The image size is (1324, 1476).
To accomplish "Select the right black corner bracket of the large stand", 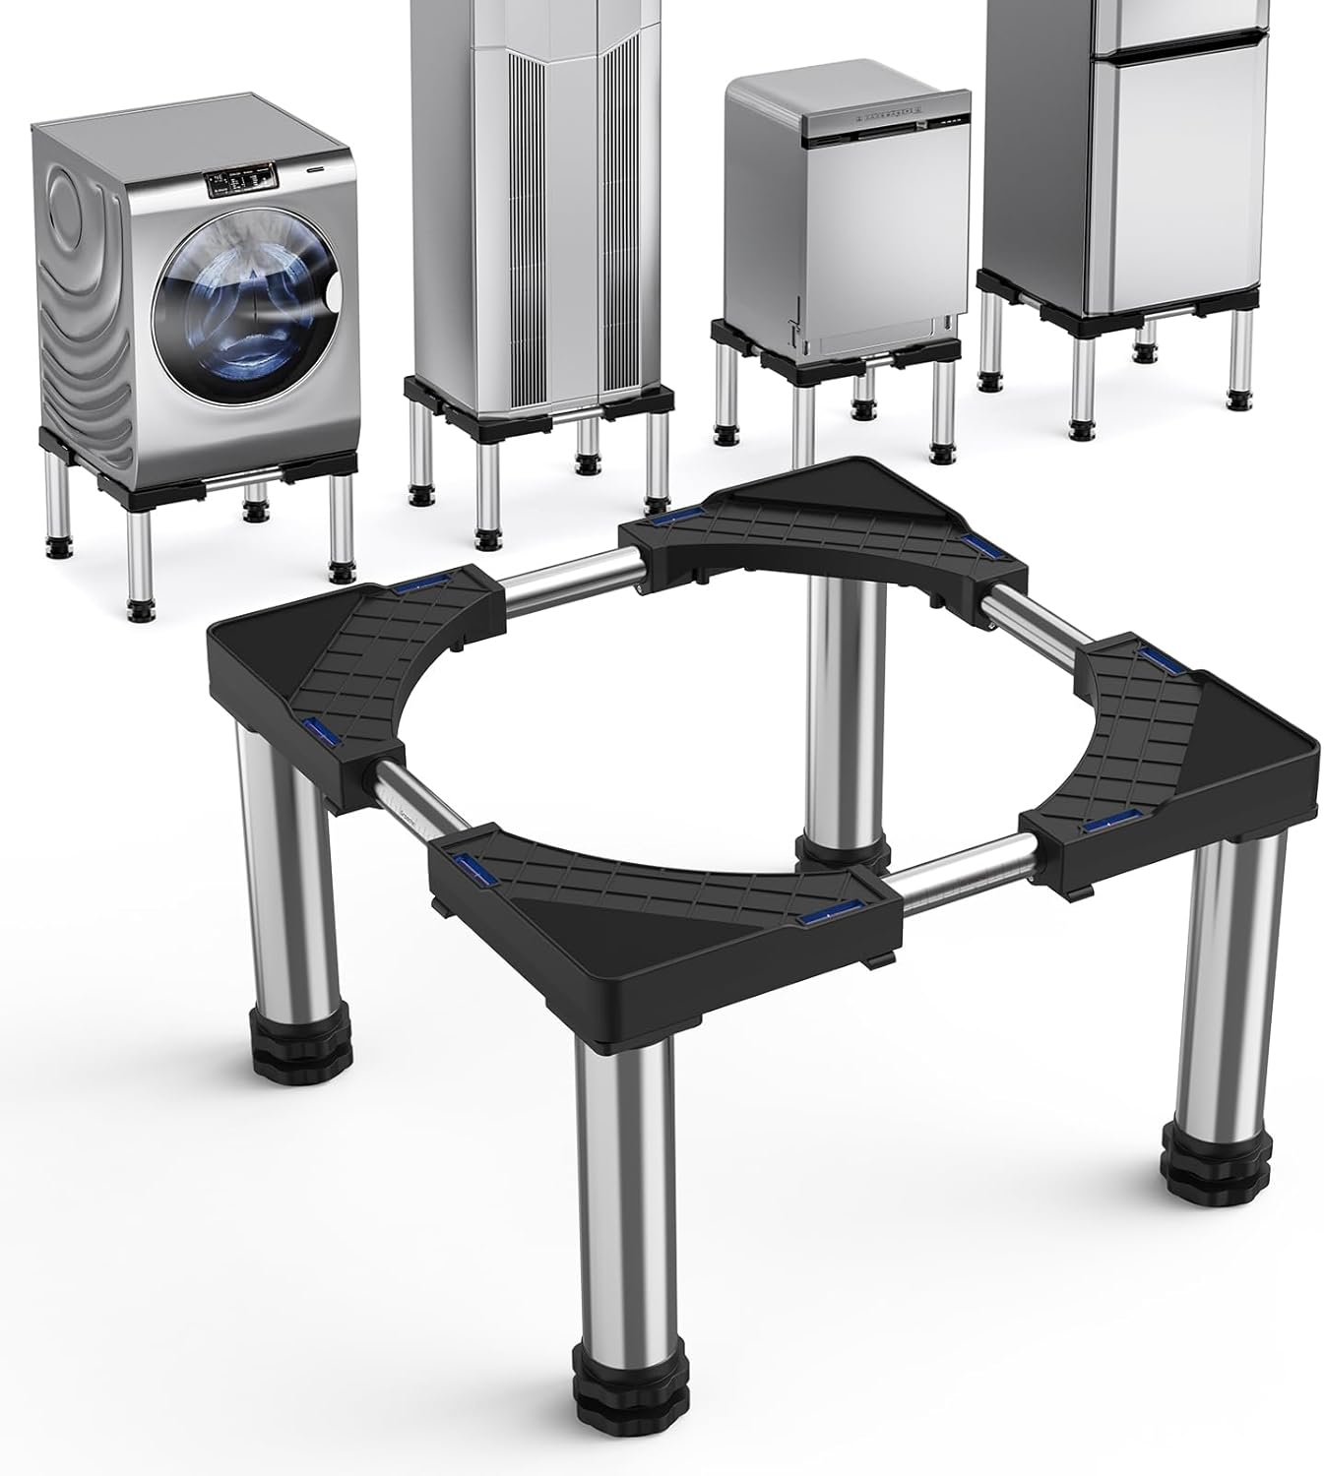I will coord(1162,748).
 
